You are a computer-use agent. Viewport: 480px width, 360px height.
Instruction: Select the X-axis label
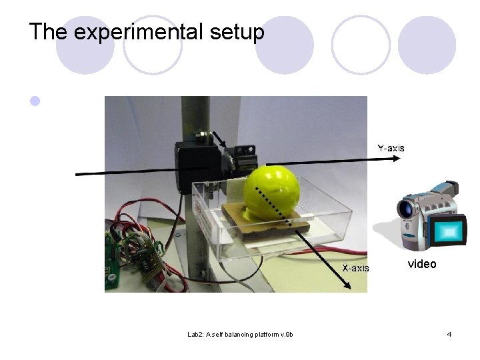pos(355,268)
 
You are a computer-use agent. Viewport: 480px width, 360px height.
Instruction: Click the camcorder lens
pos(406,209)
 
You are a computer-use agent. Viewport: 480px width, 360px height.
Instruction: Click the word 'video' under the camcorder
pos(422,264)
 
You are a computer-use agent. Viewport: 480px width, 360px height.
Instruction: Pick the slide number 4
pos(449,334)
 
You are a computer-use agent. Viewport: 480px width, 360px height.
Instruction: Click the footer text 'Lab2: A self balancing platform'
pos(240,334)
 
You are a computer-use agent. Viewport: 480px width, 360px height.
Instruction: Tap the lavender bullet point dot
pos(35,102)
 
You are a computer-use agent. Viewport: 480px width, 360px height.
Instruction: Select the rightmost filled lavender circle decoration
pos(427,45)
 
